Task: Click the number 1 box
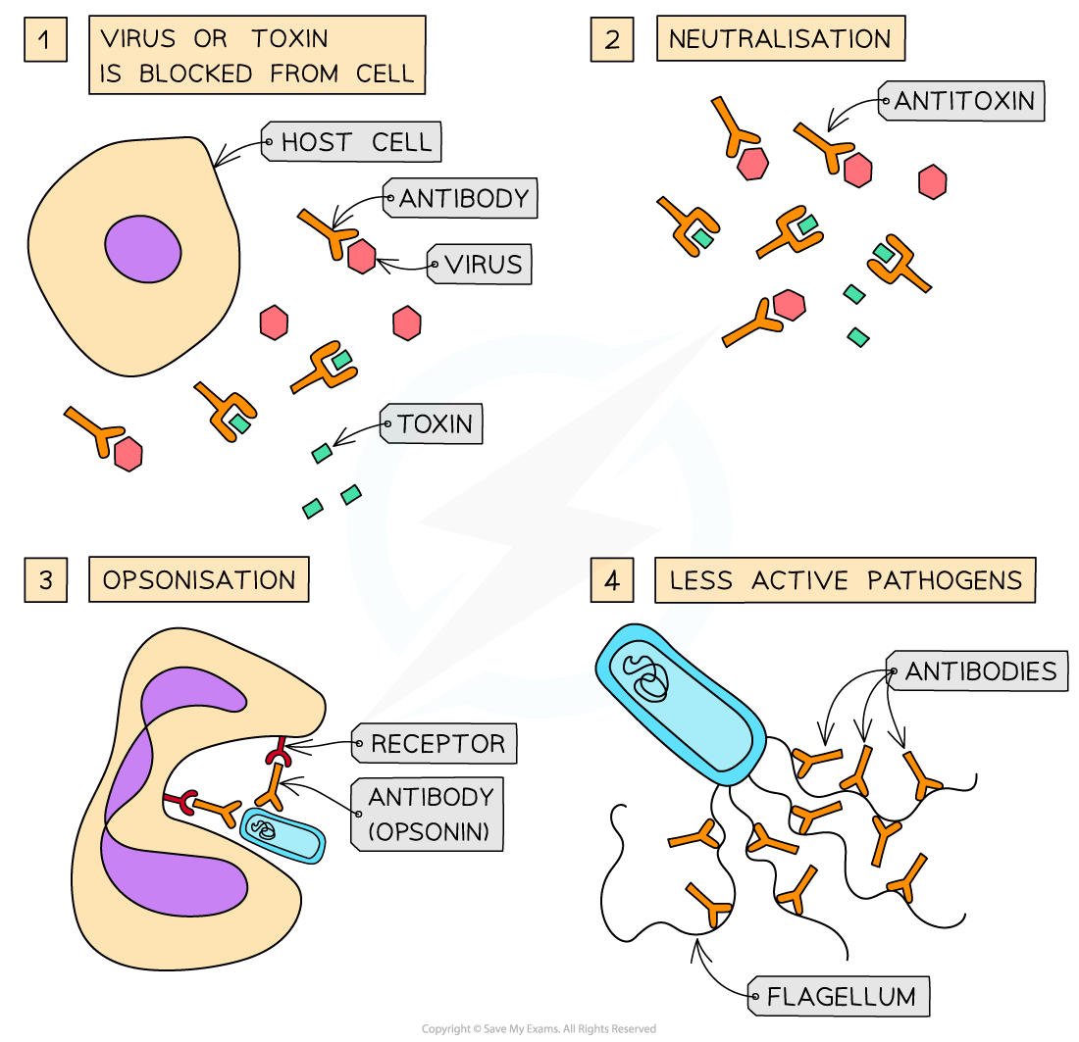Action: (45, 41)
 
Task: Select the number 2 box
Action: (612, 41)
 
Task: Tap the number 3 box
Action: (45, 580)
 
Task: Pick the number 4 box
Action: (612, 580)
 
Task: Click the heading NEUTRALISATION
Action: (780, 39)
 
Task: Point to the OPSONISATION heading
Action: (199, 579)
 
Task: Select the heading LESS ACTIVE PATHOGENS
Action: (845, 579)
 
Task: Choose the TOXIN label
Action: (434, 424)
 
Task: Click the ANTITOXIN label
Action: (963, 100)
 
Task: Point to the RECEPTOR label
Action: (437, 743)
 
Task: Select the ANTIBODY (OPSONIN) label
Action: (429, 815)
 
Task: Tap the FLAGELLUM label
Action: (841, 997)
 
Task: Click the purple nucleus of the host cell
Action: (143, 249)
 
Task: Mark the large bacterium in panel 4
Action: (681, 700)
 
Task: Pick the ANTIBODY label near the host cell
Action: (463, 198)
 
